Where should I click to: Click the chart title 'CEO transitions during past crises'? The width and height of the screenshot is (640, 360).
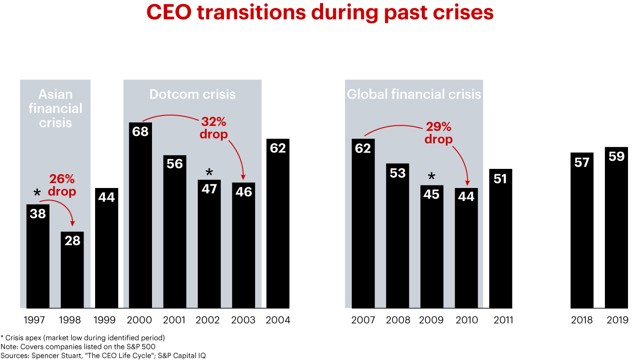pos(320,12)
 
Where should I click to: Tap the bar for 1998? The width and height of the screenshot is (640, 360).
pos(72,271)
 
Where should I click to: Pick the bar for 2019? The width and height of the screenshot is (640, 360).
pos(616,231)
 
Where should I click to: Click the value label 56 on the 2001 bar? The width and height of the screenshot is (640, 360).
pos(175,164)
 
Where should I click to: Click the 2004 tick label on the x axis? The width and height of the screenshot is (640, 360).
pos(278,320)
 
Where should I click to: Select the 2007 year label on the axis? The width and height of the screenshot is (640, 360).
pos(363,320)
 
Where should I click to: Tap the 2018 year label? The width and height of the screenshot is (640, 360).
pos(582,320)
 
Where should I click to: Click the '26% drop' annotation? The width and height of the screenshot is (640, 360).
pos(62,185)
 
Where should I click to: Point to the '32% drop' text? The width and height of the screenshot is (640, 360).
pos(214,128)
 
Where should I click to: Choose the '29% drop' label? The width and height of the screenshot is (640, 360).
pos(438,133)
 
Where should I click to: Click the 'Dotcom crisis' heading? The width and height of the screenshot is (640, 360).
pos(192,94)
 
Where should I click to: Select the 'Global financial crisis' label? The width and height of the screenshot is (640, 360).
pos(414,94)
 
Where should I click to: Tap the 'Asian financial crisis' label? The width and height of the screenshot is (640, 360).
pos(56,108)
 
